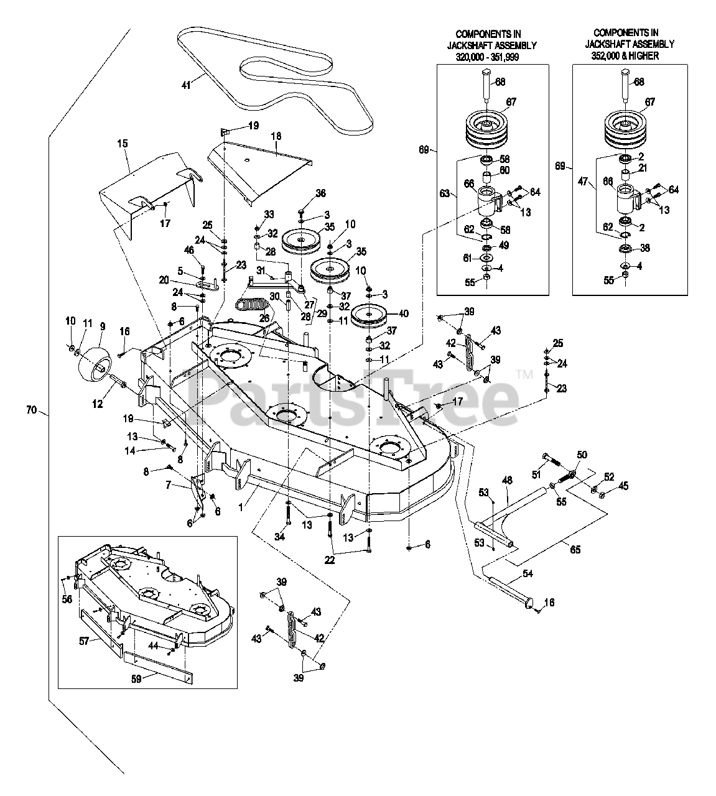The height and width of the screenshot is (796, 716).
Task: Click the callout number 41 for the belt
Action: click(x=186, y=85)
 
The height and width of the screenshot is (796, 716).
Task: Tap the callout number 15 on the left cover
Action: click(x=123, y=143)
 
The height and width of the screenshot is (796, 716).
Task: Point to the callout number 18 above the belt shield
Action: click(x=276, y=136)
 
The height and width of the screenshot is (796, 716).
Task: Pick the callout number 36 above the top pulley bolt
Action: click(x=320, y=193)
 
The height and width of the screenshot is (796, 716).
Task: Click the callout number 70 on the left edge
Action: click(x=32, y=410)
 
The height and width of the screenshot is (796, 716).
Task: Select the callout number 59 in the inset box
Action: click(x=136, y=679)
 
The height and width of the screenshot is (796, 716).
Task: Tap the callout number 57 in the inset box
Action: click(x=84, y=641)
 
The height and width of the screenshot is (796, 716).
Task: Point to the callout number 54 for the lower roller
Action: click(x=528, y=573)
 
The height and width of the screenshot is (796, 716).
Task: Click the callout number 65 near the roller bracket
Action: click(x=575, y=550)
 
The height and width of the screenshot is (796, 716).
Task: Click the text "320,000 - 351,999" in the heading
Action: click(x=487, y=57)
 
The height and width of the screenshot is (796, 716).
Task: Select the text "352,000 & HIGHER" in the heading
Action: click(x=625, y=55)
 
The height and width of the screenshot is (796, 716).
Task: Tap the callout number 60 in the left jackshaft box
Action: click(x=504, y=170)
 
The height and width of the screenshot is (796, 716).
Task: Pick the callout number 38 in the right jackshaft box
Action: click(x=645, y=248)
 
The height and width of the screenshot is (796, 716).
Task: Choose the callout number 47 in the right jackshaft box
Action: click(x=583, y=182)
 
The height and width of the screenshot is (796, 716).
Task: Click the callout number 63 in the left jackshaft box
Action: click(x=445, y=193)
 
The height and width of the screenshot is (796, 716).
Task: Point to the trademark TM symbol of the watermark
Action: click(x=524, y=374)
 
